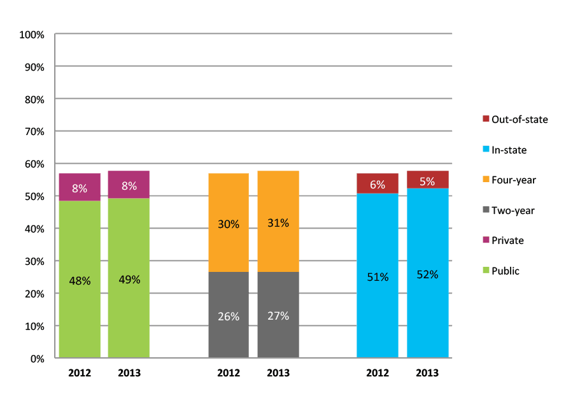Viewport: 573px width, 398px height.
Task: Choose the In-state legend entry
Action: point(509,150)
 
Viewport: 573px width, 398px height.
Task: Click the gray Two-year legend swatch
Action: point(485,210)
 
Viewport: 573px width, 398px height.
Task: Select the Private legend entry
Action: point(507,241)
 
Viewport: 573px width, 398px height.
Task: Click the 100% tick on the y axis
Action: point(32,34)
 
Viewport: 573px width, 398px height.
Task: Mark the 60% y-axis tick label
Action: point(34,164)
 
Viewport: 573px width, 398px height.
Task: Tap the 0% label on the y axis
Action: point(37,359)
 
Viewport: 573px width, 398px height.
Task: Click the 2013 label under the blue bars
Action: point(427,373)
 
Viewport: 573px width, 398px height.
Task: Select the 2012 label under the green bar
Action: point(80,373)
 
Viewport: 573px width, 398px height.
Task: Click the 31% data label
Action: point(278,223)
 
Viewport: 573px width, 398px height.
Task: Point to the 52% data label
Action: point(427,274)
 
